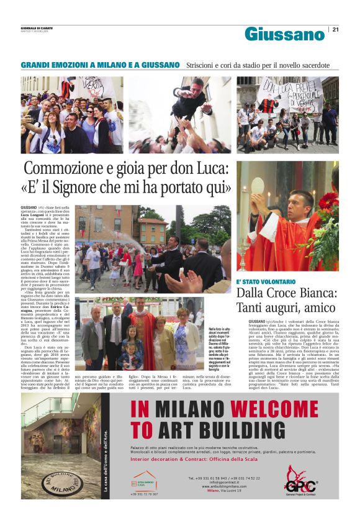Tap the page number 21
tap(335, 29)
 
